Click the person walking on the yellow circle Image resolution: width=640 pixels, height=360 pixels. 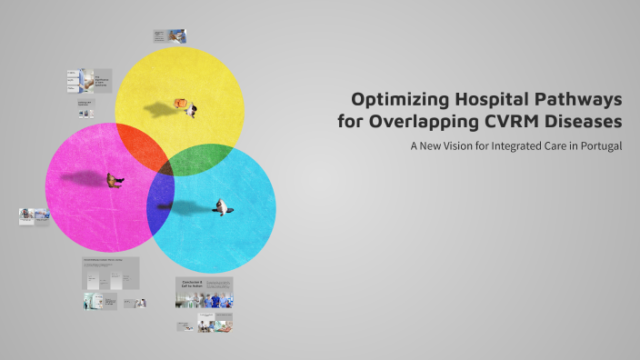click(x=191, y=109)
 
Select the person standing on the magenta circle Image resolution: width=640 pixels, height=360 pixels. click(x=115, y=181)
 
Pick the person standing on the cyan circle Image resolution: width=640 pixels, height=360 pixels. click(x=220, y=207)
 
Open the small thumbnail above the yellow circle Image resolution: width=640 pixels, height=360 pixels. click(x=170, y=36)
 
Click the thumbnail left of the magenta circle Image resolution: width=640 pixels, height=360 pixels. click(x=34, y=216)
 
